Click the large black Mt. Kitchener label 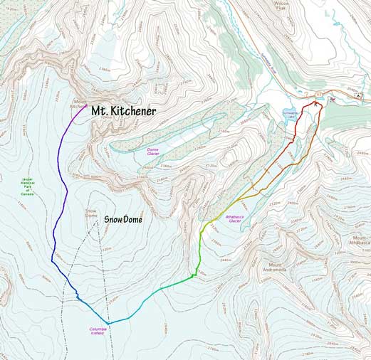pos(122,110)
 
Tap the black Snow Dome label pos(122,220)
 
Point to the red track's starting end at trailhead pos(315,104)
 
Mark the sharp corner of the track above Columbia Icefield pos(108,323)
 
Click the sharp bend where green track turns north pos(195,273)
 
